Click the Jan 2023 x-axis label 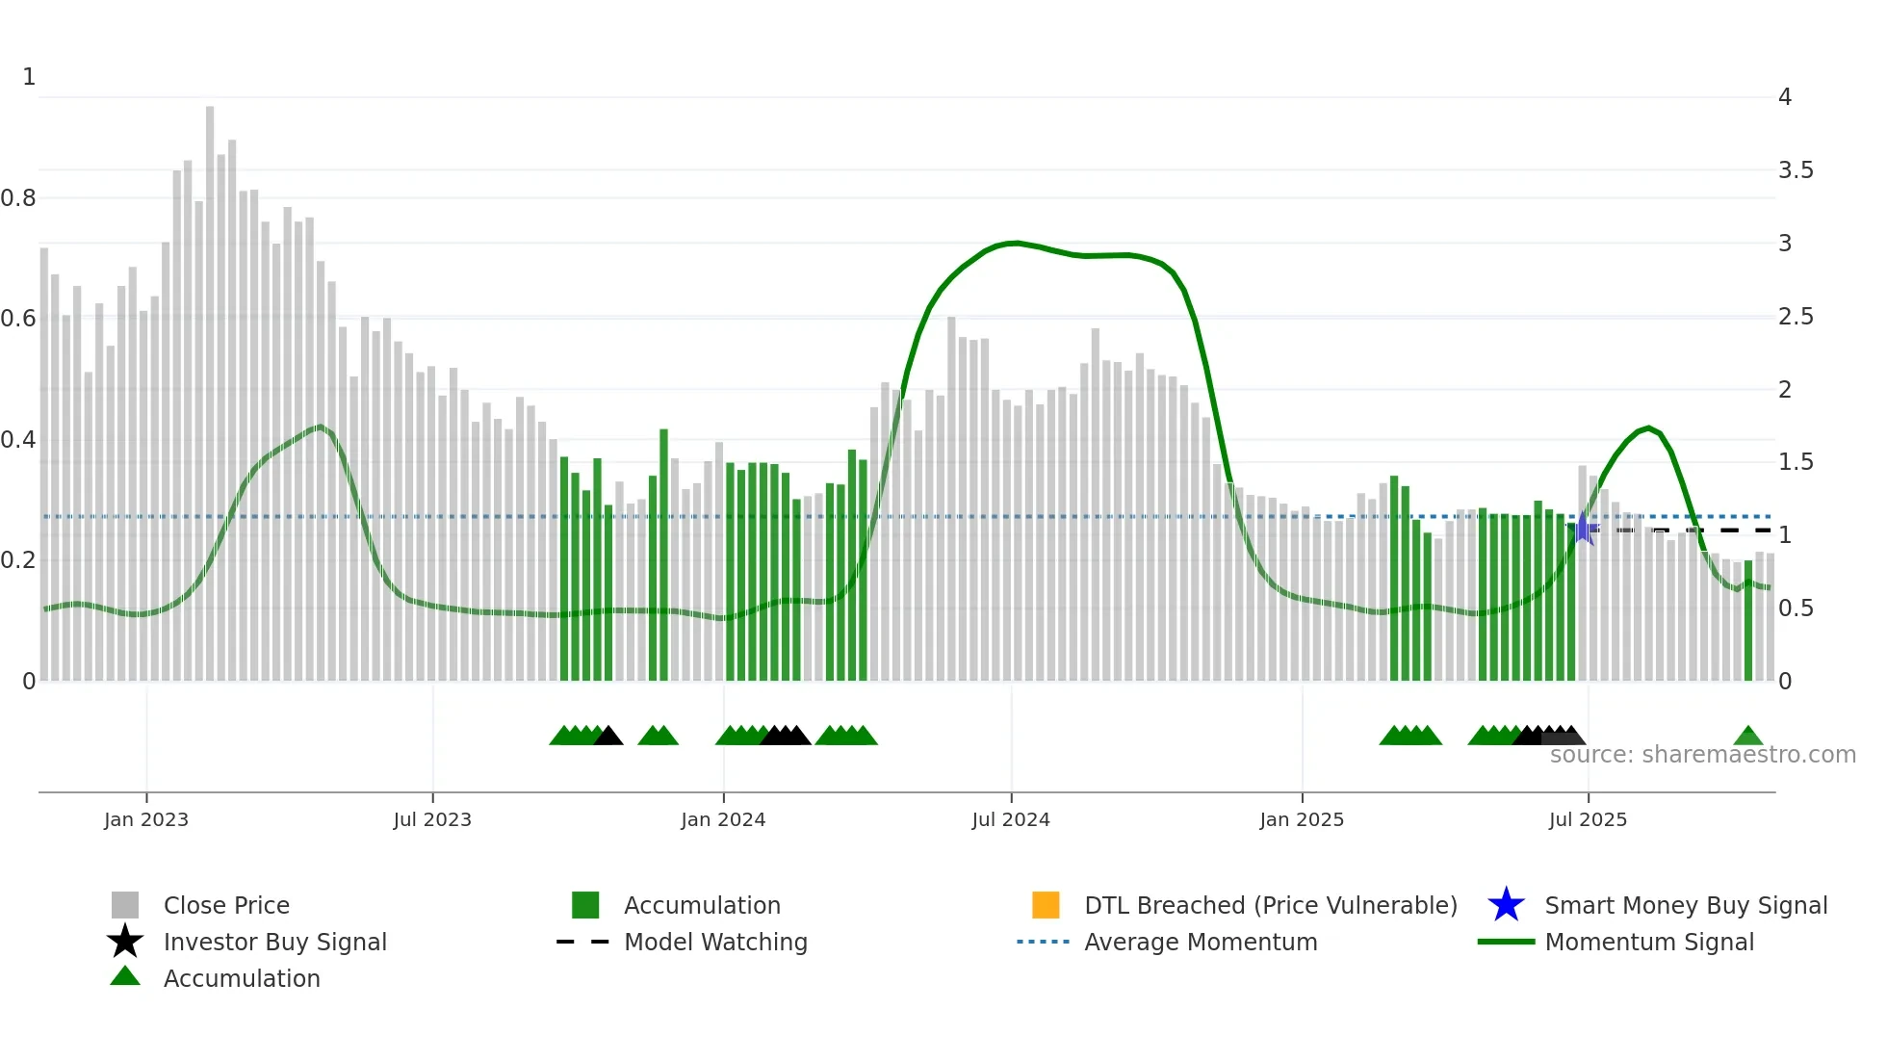(x=146, y=819)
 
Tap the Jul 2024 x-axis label (x=1011, y=819)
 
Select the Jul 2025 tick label (x=1588, y=819)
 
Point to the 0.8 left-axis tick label (x=18, y=198)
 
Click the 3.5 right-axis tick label (x=1796, y=170)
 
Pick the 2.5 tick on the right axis (x=1796, y=317)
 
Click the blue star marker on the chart (x=1582, y=529)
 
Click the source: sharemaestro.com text (x=1702, y=755)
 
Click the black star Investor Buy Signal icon (x=125, y=942)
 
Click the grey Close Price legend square (x=125, y=905)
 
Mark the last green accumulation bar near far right (x=1748, y=621)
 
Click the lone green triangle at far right (x=1748, y=737)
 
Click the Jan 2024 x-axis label (x=723, y=819)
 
